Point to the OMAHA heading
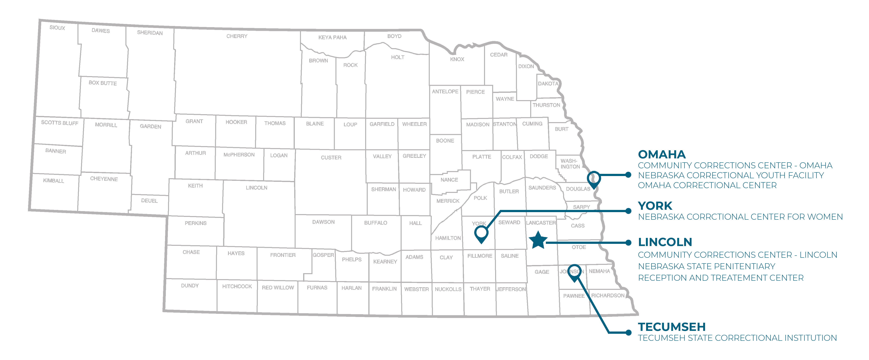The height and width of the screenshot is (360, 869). point(662,155)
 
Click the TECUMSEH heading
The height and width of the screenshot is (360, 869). point(671,327)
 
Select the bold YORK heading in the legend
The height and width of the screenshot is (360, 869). point(655,206)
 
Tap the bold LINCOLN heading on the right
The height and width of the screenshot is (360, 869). point(665,242)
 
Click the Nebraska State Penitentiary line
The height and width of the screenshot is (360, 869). point(706,266)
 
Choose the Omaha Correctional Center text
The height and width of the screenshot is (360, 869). point(707,185)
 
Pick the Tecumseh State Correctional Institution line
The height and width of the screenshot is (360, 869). point(737,338)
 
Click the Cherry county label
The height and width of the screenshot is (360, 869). point(237,36)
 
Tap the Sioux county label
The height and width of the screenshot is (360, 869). point(57,28)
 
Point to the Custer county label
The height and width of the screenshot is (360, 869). point(331,158)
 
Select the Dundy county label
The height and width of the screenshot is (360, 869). point(190,286)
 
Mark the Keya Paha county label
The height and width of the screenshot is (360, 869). point(332,37)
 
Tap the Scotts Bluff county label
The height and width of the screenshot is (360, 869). point(60,123)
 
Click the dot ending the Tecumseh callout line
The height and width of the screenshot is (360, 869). point(628,333)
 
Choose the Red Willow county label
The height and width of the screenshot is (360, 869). point(278,287)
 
